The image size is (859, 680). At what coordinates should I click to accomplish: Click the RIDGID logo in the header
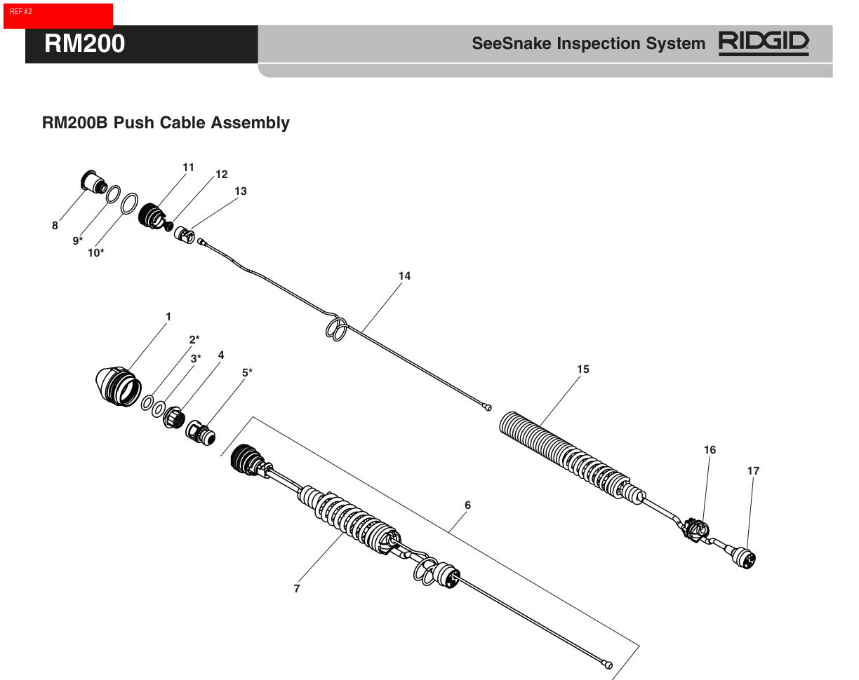pos(764,43)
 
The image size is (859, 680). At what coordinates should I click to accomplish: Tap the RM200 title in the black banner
pos(84,43)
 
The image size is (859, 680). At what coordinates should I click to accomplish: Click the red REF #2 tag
pos(58,15)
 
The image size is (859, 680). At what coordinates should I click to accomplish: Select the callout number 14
pos(404,276)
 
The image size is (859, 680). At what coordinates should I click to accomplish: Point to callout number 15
pos(582,369)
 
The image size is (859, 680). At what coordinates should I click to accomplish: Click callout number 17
pos(753,471)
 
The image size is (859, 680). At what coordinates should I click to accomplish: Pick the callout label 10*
pos(96,253)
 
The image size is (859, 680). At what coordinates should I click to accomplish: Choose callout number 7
pos(297,589)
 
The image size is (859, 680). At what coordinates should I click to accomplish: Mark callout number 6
pos(467,505)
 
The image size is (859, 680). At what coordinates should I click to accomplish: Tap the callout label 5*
pos(247,372)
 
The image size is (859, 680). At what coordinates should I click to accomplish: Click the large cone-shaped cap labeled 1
pos(116,388)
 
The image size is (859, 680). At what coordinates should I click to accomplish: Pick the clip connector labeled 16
pos(695,528)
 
